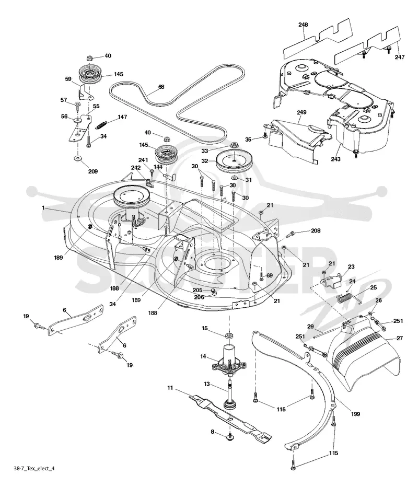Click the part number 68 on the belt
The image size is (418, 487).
(161, 87)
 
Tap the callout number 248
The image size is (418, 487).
(303, 25)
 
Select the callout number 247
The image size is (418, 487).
(400, 57)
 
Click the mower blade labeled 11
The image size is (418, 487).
(230, 415)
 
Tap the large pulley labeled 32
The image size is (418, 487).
(234, 161)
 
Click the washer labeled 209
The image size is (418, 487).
(77, 159)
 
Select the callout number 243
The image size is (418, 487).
(335, 159)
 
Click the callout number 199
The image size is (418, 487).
(355, 414)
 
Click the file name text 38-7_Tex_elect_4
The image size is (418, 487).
(34, 468)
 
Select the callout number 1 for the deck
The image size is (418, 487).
(43, 208)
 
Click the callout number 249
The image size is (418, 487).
(301, 112)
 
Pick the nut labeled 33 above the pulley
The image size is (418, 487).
(234, 145)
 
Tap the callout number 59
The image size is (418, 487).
(68, 79)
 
